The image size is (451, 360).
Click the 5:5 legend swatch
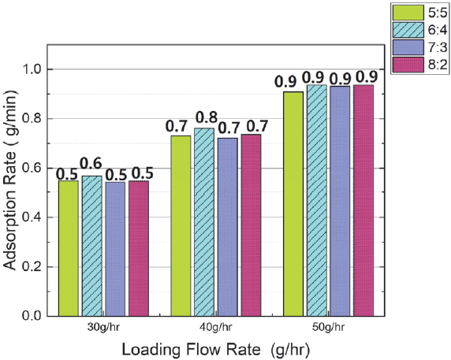pos(405,12)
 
